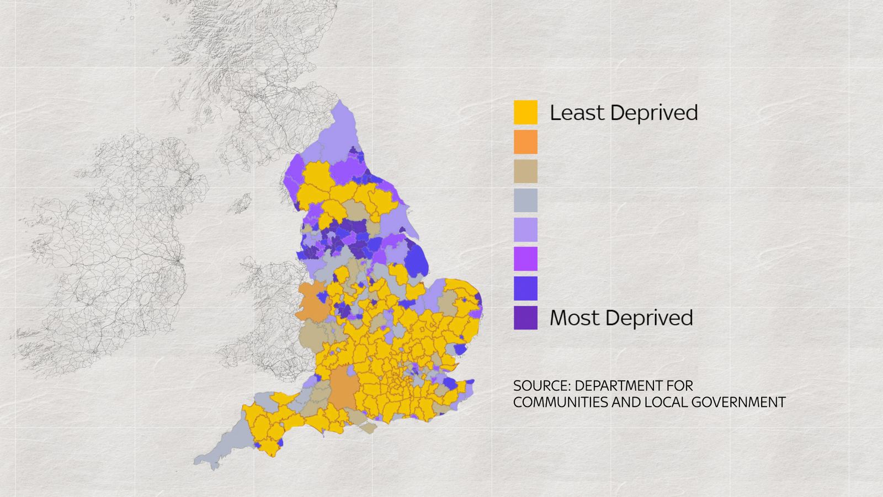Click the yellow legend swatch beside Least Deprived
[x=525, y=112]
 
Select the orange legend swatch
[x=525, y=142]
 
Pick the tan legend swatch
[x=525, y=171]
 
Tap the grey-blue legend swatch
[x=525, y=200]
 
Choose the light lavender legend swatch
[x=525, y=230]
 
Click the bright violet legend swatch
[x=525, y=259]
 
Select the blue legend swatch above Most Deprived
[x=525, y=288]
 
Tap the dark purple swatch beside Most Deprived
[x=525, y=318]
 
